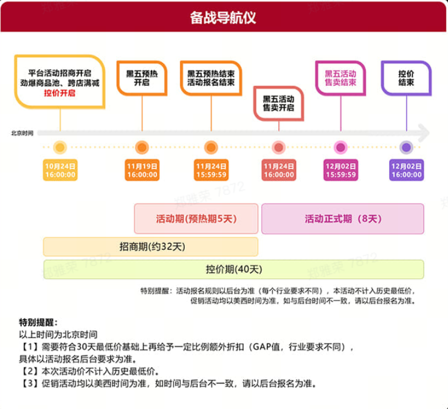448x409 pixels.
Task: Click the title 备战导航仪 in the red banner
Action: tap(223, 17)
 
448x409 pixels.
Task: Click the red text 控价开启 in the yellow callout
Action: tap(59, 93)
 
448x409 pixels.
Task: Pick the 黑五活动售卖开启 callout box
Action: tap(278, 102)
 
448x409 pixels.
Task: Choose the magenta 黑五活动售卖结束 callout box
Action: tap(340, 78)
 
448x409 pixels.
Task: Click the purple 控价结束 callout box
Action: tap(406, 78)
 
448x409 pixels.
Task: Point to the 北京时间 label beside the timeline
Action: tap(22, 132)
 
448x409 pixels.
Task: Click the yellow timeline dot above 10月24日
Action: tap(60, 147)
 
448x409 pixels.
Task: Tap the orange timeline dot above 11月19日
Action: tap(142, 147)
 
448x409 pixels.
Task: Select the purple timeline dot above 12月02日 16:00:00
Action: tap(407, 147)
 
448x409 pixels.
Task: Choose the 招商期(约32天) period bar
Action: tap(151, 246)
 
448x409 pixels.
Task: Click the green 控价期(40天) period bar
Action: tap(233, 269)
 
